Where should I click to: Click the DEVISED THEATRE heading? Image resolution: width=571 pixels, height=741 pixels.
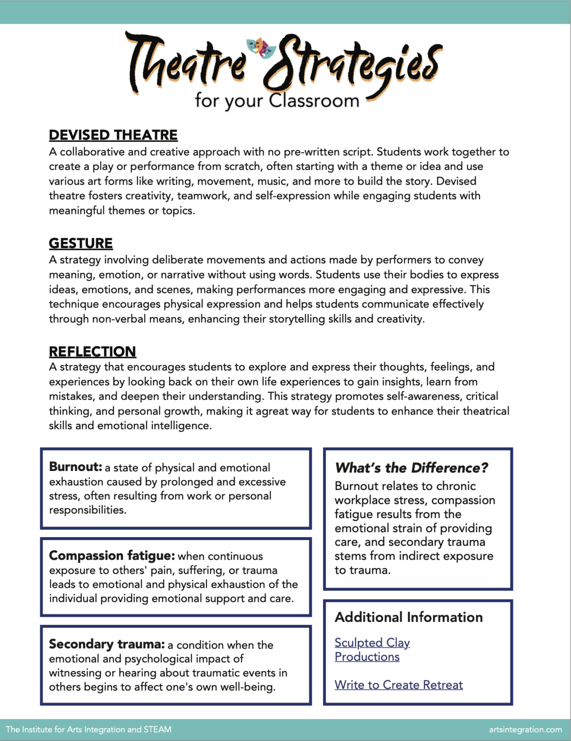[x=113, y=135]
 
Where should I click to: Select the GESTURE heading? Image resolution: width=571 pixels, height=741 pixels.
[x=81, y=243]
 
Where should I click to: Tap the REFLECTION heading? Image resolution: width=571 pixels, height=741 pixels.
[x=92, y=351]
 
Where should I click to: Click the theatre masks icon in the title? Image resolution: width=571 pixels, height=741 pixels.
[x=261, y=48]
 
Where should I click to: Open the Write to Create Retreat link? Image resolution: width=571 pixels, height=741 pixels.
[x=398, y=685]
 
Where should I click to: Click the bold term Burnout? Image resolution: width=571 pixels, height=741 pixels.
[x=76, y=467]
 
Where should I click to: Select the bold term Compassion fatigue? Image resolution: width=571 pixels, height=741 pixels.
[x=112, y=556]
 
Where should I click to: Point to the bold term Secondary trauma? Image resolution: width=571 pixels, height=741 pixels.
[x=107, y=644]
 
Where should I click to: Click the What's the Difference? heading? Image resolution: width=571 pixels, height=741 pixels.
[x=412, y=468]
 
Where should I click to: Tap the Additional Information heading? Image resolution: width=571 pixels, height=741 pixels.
[x=409, y=617]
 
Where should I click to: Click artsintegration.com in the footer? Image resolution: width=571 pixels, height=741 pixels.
[x=525, y=730]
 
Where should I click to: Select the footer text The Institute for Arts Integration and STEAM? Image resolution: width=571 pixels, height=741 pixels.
[x=89, y=730]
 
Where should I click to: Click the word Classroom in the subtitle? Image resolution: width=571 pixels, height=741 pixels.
[x=314, y=101]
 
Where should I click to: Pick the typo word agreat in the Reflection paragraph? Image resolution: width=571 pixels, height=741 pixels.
[x=272, y=411]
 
